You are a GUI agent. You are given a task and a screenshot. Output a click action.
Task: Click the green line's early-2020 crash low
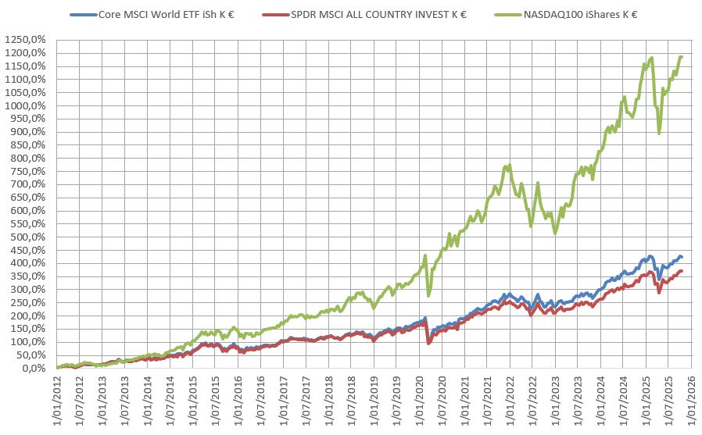(x=428, y=295)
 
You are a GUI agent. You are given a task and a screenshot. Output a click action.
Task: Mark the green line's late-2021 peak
(x=510, y=165)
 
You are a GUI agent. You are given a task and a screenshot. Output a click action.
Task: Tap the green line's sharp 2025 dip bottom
(x=659, y=133)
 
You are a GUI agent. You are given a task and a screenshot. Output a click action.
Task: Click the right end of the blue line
(x=682, y=257)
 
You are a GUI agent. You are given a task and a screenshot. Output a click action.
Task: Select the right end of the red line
(x=682, y=271)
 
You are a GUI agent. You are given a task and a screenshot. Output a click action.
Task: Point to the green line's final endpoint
(x=682, y=56)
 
